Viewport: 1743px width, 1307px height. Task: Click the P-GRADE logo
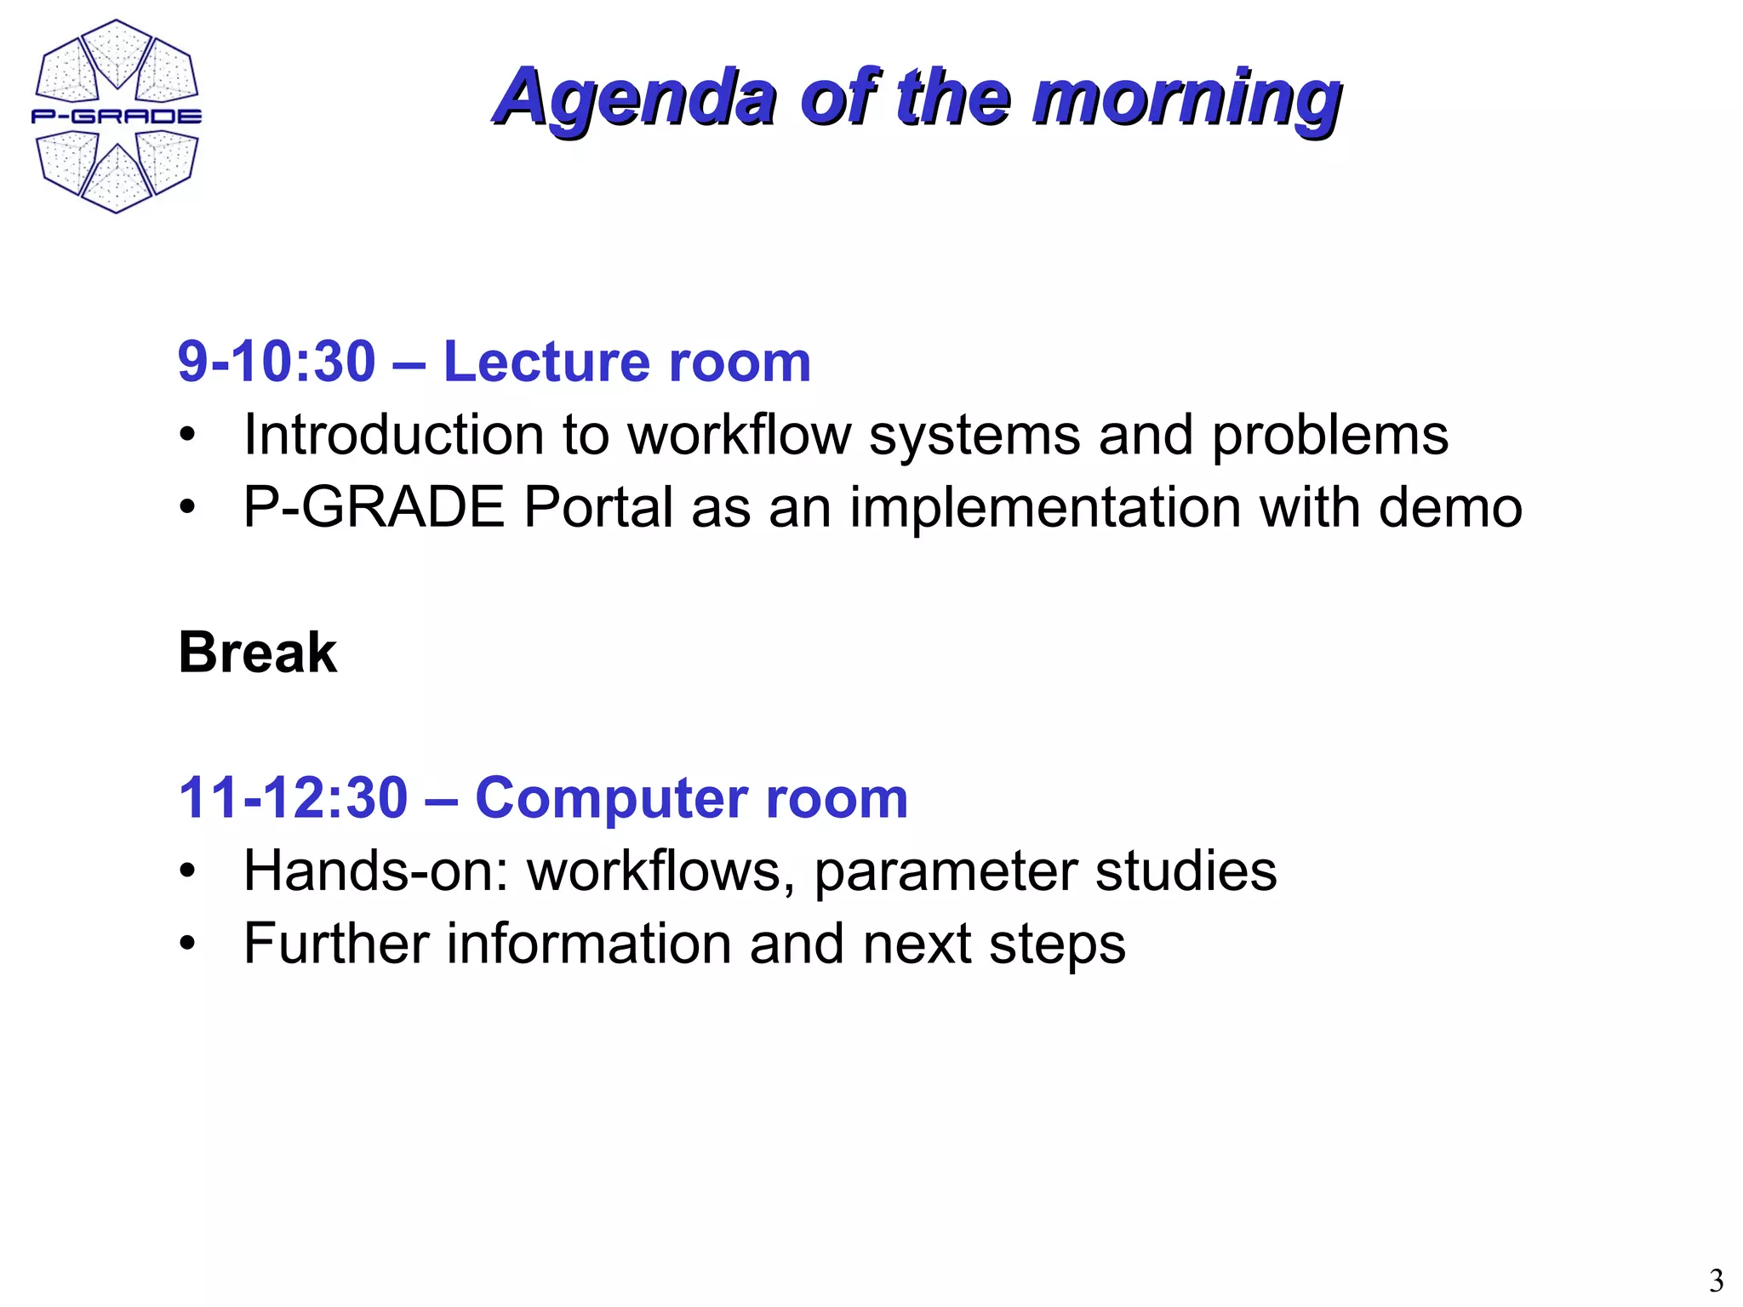[117, 117]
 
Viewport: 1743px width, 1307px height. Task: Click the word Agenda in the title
[635, 98]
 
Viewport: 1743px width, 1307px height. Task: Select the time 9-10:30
[277, 362]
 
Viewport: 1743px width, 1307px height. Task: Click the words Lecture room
[627, 362]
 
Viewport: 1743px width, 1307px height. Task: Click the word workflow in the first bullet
[739, 435]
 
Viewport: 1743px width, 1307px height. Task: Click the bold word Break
[258, 653]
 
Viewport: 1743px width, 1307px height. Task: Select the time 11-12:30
[294, 798]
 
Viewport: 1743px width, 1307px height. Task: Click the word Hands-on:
[376, 871]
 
